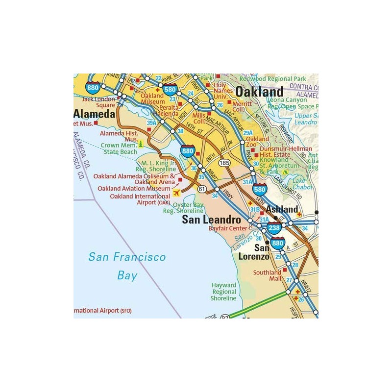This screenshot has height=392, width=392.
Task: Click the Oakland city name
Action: [259, 92]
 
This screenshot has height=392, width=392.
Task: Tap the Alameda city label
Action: [94, 114]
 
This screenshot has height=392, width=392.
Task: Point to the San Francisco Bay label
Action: [127, 266]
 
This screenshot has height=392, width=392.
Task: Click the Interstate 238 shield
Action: [274, 228]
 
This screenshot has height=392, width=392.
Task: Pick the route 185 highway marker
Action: [225, 162]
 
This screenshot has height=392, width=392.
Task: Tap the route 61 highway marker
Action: [202, 189]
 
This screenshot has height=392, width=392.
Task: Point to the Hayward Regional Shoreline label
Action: [223, 292]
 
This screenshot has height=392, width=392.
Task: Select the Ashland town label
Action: [282, 209]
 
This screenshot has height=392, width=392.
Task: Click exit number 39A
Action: [151, 123]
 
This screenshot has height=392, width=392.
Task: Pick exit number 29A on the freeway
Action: [248, 133]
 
